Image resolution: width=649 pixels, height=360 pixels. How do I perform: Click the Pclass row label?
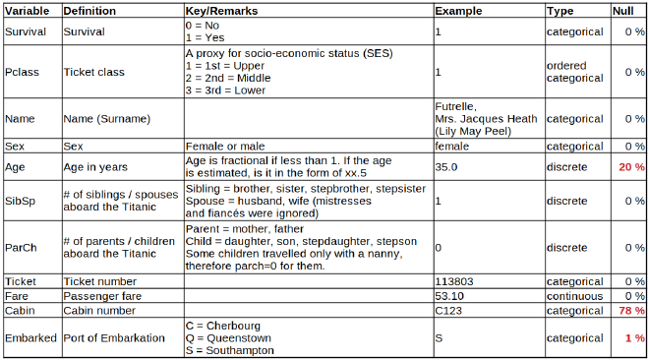[22, 72]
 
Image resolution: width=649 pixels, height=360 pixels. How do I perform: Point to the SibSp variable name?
[22, 201]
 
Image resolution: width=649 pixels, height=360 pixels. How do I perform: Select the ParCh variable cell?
[22, 248]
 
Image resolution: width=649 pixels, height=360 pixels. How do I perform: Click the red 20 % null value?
[630, 167]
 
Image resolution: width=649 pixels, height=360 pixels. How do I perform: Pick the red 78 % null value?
[630, 310]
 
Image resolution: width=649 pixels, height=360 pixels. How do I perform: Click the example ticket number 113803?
[454, 281]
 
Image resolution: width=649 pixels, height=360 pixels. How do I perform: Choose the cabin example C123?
[448, 310]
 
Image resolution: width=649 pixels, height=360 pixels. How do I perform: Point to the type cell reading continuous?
[575, 295]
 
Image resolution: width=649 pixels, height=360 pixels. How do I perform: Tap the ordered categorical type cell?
[575, 72]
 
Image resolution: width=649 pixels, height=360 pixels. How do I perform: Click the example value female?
[452, 146]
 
